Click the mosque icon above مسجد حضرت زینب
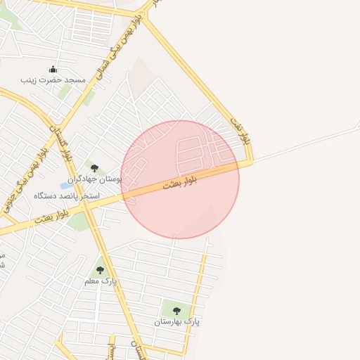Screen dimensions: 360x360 (x=52, y=70)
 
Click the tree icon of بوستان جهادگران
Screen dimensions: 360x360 (x=94, y=167)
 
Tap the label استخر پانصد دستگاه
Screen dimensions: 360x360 (x=67, y=195)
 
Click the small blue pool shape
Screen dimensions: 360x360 (x=65, y=186)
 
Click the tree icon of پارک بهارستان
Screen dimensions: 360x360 (x=176, y=310)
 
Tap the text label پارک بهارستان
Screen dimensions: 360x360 (x=177, y=321)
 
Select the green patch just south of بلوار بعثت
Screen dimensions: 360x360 (x=79, y=223)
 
